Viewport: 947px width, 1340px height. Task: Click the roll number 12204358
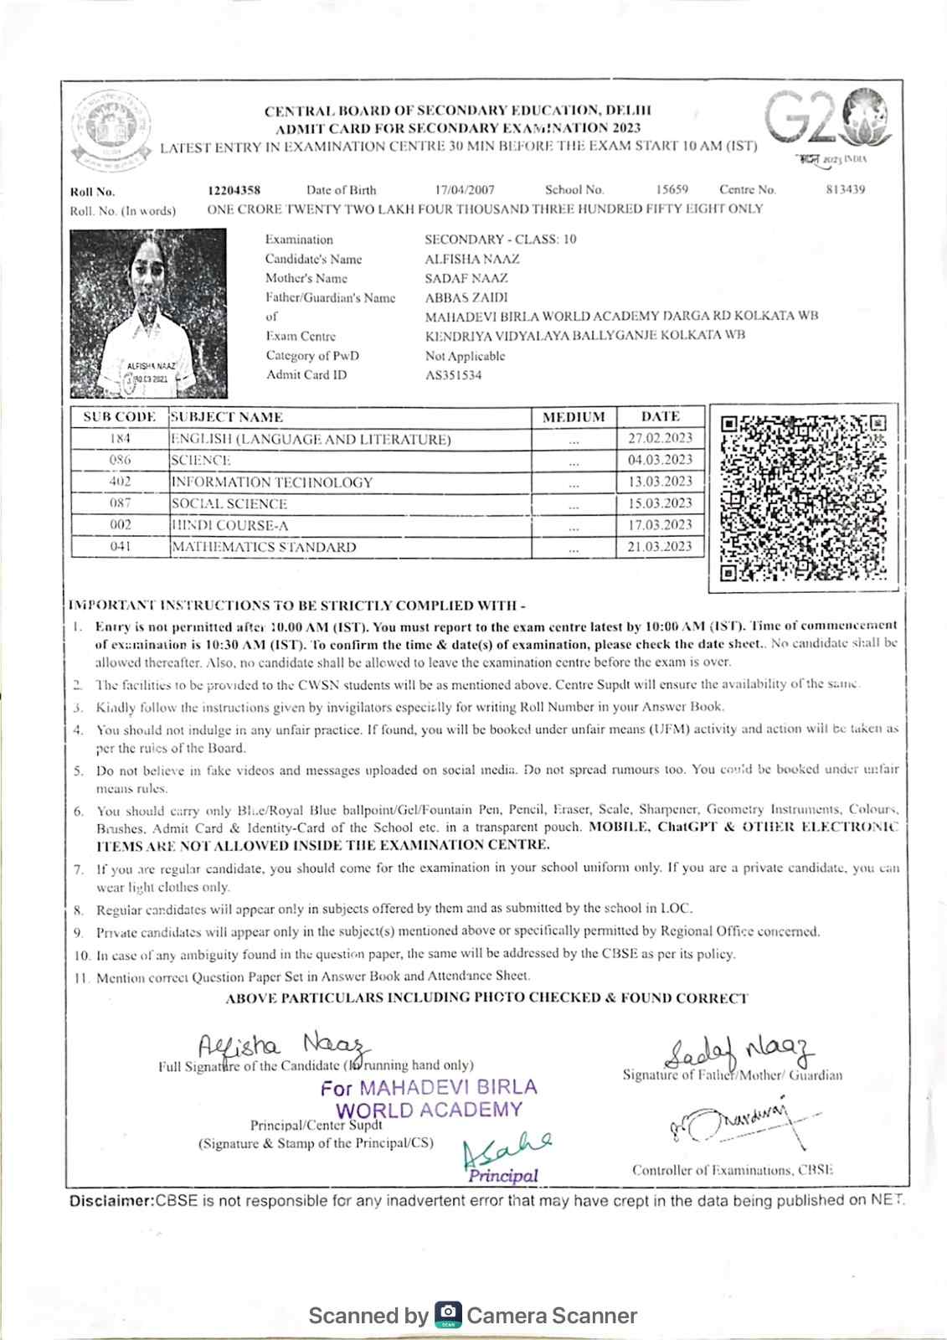[234, 190]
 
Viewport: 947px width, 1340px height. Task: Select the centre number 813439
[845, 189]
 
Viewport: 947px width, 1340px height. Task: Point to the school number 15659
[672, 189]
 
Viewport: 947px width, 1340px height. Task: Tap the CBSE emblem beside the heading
[111, 126]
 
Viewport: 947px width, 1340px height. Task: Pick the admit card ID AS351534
[453, 375]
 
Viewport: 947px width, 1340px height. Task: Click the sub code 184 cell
[120, 438]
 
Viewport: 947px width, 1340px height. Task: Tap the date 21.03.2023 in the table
[660, 546]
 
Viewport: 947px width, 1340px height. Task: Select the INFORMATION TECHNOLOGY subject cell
[271, 482]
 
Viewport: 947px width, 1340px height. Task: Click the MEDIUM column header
[574, 417]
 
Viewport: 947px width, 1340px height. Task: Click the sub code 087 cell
[120, 503]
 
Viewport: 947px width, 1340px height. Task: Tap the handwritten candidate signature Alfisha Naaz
[280, 1046]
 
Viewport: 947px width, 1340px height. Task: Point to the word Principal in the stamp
[503, 1176]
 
